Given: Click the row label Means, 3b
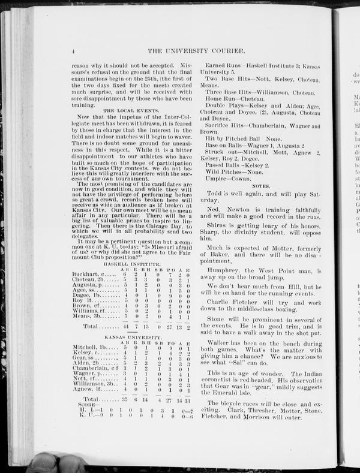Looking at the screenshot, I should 86,317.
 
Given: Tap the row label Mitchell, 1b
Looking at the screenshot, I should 89,348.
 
